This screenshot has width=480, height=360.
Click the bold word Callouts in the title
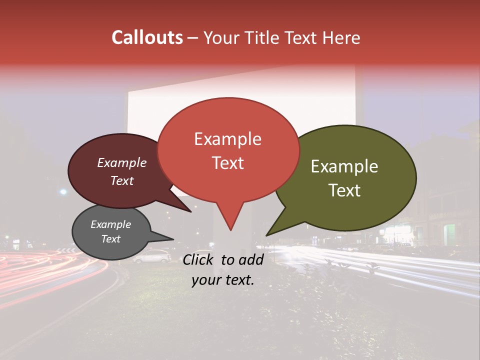pos(147,37)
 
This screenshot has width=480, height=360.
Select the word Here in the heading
pos(342,37)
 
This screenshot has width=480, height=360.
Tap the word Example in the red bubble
pos(227,139)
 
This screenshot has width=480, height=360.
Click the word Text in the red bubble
pos(227,163)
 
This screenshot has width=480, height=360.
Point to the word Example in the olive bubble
pos(344,166)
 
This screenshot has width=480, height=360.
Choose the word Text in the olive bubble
pos(345,190)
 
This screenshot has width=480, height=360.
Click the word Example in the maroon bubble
pos(122,162)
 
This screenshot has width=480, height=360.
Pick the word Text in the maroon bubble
pos(122,180)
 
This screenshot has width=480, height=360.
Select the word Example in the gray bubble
pos(111,224)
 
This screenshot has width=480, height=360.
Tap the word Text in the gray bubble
pos(111,239)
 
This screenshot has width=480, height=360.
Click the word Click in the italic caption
pos(199,259)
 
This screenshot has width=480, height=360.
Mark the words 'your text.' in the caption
pos(223,280)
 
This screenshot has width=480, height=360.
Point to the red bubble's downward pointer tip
pos(230,230)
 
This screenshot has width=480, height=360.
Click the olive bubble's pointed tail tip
pos(266,235)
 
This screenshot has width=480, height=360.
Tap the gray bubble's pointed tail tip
pos(174,239)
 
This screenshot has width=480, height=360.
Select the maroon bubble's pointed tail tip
pos(191,212)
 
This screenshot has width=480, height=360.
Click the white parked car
pos(151,256)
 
